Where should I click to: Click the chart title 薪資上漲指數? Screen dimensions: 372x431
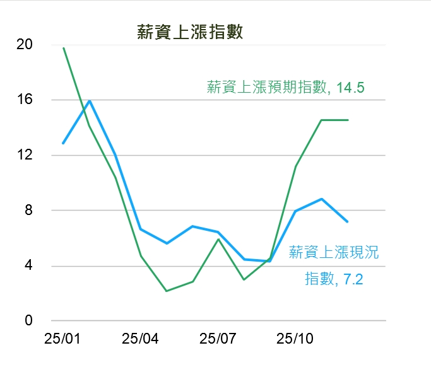pyautogui.click(x=190, y=33)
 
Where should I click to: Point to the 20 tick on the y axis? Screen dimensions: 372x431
pyautogui.click(x=25, y=45)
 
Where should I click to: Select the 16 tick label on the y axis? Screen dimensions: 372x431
pyautogui.click(x=25, y=100)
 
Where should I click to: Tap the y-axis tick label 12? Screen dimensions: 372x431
pyautogui.click(x=25, y=155)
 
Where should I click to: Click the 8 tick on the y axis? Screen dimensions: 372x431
pyautogui.click(x=28, y=210)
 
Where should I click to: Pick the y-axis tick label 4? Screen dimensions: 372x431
pyautogui.click(x=28, y=265)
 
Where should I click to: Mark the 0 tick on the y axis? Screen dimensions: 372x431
pyautogui.click(x=28, y=320)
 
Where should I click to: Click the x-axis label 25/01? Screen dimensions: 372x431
pyautogui.click(x=62, y=339)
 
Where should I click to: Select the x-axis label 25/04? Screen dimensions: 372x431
pyautogui.click(x=140, y=339)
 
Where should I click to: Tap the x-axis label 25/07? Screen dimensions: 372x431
pyautogui.click(x=218, y=339)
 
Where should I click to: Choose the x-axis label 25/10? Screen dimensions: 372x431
pyautogui.click(x=295, y=339)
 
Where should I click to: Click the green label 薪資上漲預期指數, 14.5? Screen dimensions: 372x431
pyautogui.click(x=286, y=88)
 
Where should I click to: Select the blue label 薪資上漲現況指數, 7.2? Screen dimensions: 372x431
pyautogui.click(x=334, y=265)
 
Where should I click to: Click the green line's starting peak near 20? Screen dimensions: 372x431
pyautogui.click(x=64, y=48)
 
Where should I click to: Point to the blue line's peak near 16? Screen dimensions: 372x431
pyautogui.click(x=89, y=101)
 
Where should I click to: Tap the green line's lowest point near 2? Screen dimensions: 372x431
pyautogui.click(x=167, y=291)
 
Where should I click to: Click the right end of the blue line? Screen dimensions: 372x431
pyautogui.click(x=347, y=221)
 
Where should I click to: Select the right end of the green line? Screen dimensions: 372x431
pyautogui.click(x=347, y=120)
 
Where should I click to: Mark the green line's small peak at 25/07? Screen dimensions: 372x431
pyautogui.click(x=218, y=239)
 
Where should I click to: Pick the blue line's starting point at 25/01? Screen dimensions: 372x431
pyautogui.click(x=63, y=143)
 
